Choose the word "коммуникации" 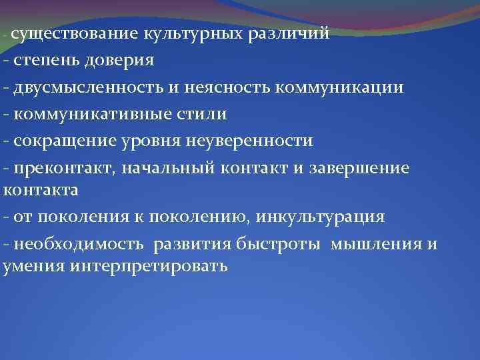coord(339,87)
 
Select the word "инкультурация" coord(327,217)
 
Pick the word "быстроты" coord(271,244)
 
